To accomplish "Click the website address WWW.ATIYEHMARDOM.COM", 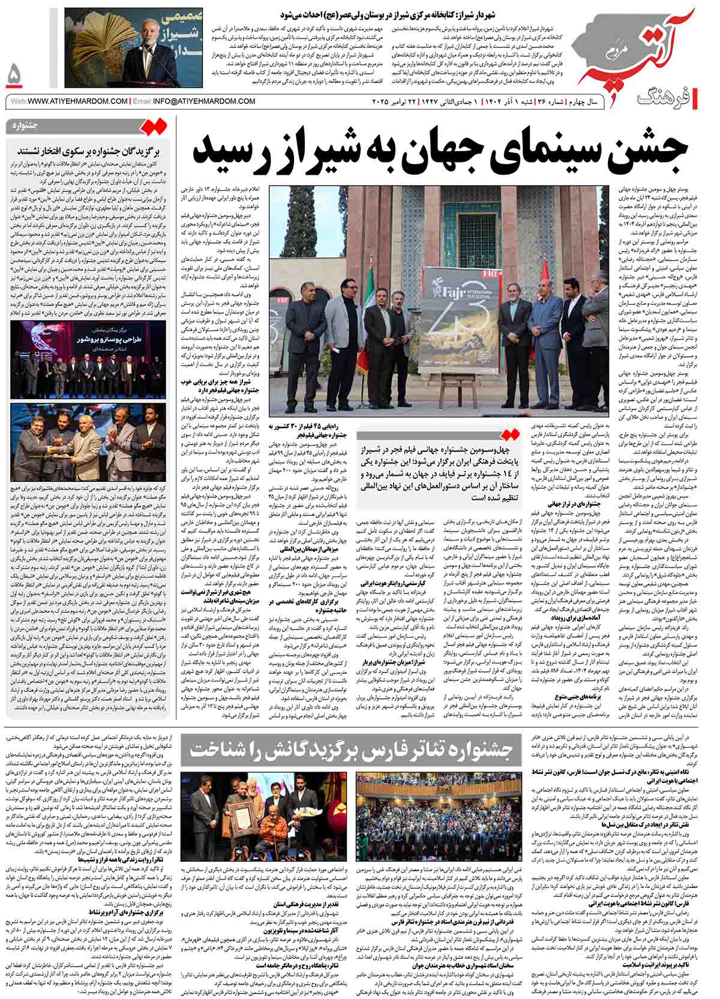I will tap(77, 101).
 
